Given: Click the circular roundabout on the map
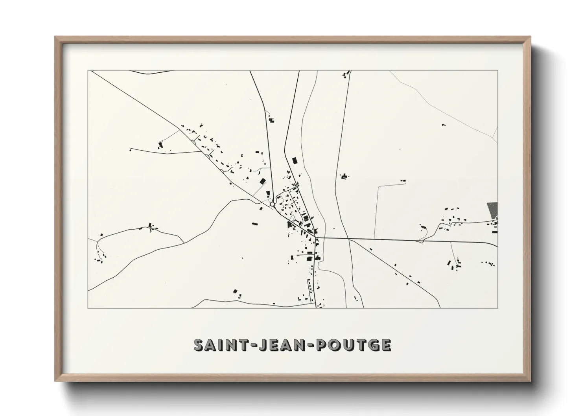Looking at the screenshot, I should [x=272, y=204].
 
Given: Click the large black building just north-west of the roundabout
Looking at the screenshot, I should [x=262, y=181].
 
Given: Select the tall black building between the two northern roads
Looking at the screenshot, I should [x=295, y=160].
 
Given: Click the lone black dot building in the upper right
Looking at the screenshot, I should [x=444, y=125].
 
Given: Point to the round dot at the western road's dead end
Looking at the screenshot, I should [x=130, y=150].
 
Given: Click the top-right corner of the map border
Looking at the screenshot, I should [x=497, y=71].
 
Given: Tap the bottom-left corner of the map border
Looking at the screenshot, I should [x=88, y=308].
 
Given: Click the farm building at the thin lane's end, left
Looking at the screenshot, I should [x=160, y=145].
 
